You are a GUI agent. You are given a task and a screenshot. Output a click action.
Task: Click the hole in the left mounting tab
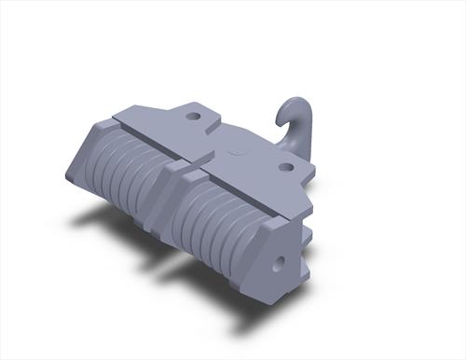coord(193,117)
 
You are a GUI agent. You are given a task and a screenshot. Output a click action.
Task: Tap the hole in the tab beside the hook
coord(286,168)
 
